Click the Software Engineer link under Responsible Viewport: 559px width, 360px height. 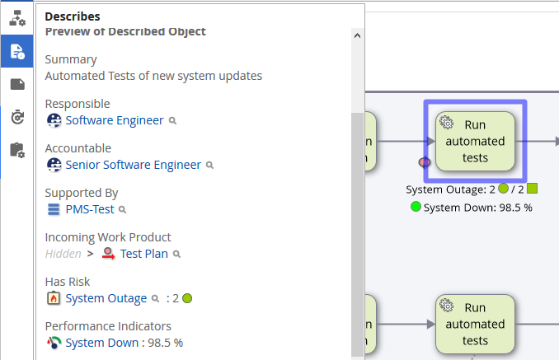pos(115,120)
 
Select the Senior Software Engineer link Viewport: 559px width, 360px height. pos(133,165)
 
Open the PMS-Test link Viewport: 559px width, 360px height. pos(90,209)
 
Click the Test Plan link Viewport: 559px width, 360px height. pos(143,254)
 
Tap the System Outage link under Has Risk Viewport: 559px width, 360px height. pos(106,298)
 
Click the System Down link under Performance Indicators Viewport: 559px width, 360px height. pos(101,343)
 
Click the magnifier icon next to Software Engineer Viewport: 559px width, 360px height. pos(173,120)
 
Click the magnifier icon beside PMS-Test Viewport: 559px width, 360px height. pos(123,209)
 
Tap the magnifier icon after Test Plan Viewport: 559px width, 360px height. pos(176,254)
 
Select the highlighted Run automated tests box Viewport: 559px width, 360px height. pos(475,141)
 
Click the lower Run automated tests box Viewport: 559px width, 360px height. pos(475,324)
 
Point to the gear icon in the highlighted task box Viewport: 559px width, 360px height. pos(446,123)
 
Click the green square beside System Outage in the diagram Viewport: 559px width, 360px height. pos(532,189)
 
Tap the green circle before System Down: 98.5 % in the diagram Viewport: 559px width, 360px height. pos(416,207)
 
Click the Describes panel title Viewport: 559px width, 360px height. pos(73,16)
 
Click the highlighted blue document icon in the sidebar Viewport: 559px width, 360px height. pos(16,51)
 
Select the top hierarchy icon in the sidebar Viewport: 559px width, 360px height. pos(16,17)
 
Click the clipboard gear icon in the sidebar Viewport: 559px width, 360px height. pos(16,149)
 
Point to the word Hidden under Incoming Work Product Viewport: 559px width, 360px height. pos(63,254)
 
